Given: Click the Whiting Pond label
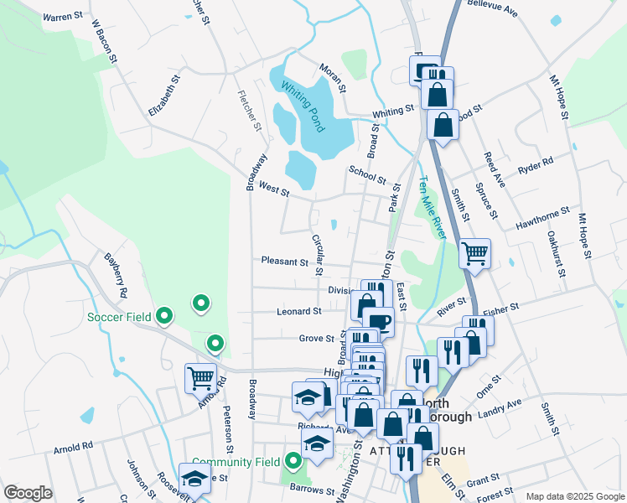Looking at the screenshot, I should tap(302, 106).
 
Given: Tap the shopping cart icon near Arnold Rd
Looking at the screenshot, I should tap(201, 377).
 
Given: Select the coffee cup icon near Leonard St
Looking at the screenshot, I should tap(378, 321).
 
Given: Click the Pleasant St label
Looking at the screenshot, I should tap(284, 262).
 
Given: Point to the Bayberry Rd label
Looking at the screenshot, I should tap(115, 276).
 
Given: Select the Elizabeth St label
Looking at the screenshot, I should tap(165, 98).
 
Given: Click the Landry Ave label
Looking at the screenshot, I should tap(500, 408).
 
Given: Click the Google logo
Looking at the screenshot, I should tap(28, 493).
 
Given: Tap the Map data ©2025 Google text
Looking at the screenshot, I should tap(574, 496).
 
